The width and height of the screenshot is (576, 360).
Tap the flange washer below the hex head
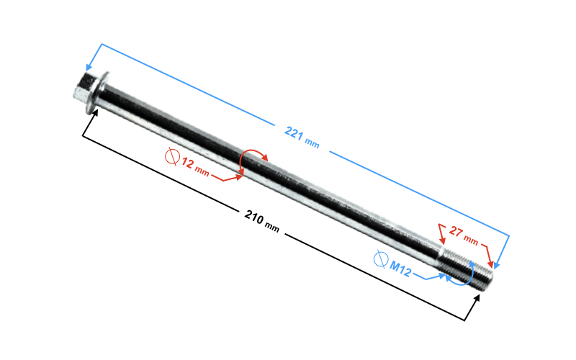[x=98, y=93]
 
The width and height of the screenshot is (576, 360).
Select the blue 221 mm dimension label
[x=302, y=137]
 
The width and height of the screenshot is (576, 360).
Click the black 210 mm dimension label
[x=261, y=221]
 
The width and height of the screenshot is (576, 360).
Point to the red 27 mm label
[x=464, y=235]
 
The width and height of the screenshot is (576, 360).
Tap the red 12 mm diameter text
[x=195, y=167]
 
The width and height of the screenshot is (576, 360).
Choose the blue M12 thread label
[x=400, y=269]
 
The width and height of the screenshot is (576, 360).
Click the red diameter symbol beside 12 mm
[x=172, y=157]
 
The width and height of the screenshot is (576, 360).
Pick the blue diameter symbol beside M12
[x=381, y=259]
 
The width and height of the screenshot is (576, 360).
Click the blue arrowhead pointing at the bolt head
[x=89, y=67]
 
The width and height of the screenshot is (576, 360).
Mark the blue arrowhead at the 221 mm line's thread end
[x=496, y=265]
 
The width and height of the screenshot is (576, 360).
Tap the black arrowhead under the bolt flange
[x=95, y=113]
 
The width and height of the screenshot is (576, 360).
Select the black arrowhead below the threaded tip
[x=477, y=298]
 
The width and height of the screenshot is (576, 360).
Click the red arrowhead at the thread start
[x=442, y=240]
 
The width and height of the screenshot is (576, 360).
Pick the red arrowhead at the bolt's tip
[x=490, y=264]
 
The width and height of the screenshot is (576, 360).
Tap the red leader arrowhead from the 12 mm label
[x=239, y=177]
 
